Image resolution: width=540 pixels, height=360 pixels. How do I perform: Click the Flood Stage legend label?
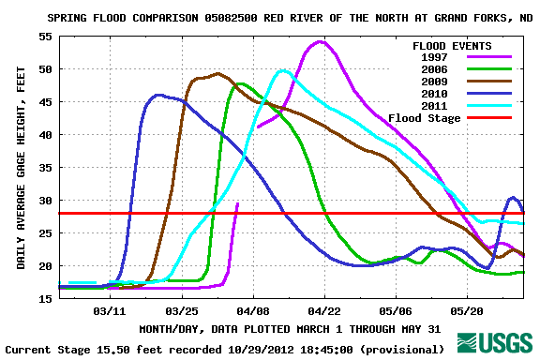pyautogui.click(x=425, y=118)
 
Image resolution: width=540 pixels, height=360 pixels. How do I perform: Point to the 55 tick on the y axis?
pyautogui.click(x=45, y=37)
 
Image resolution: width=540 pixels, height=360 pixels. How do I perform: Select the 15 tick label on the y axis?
pyautogui.click(x=45, y=299)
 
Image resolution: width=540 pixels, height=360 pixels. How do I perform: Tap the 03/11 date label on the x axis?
pyautogui.click(x=110, y=309)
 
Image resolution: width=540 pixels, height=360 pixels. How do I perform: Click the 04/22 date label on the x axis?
pyautogui.click(x=324, y=309)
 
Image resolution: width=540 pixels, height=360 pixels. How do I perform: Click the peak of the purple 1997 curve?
pyautogui.click(x=320, y=41)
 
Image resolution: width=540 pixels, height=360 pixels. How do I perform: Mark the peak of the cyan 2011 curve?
pyautogui.click(x=283, y=70)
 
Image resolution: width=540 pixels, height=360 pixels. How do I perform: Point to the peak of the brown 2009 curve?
pyautogui.click(x=217, y=73)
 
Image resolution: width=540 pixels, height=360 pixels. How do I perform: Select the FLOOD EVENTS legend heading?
pyautogui.click(x=452, y=45)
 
